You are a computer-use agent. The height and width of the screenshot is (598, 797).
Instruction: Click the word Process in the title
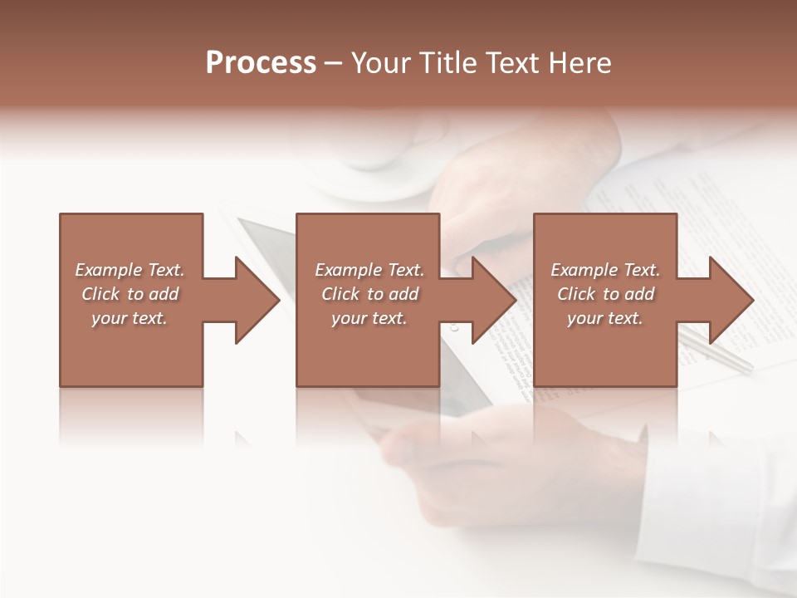coord(261,63)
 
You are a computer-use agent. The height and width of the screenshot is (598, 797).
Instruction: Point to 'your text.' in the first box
coord(130,318)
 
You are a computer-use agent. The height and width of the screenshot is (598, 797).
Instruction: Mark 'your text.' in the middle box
coord(369,318)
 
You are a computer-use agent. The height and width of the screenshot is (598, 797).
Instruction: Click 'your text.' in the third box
coord(605,318)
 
